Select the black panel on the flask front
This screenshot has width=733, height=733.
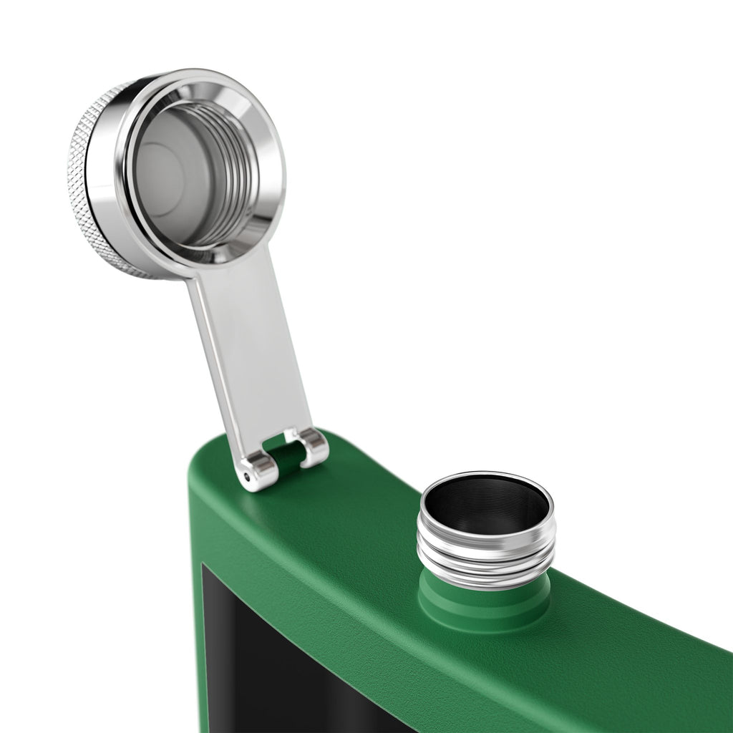(x=286, y=666)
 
